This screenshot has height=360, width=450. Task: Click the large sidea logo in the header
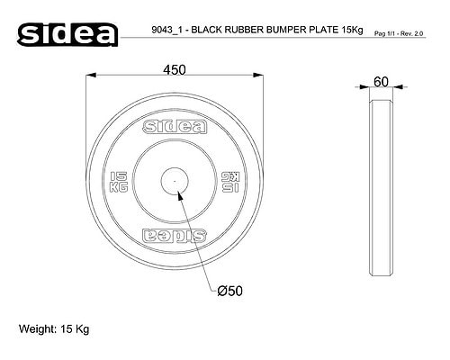(x=67, y=34)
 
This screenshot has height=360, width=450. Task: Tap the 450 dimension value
(x=175, y=70)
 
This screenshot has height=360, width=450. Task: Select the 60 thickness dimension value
(x=381, y=82)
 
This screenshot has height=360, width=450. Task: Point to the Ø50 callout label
(x=229, y=291)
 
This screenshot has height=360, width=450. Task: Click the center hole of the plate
(x=175, y=181)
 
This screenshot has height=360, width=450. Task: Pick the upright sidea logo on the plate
(x=175, y=127)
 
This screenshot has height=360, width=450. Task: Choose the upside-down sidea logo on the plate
(x=175, y=235)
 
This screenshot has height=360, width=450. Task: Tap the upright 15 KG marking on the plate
(x=119, y=182)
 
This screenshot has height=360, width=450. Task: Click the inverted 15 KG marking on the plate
(x=230, y=182)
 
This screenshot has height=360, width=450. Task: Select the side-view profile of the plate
(x=381, y=187)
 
